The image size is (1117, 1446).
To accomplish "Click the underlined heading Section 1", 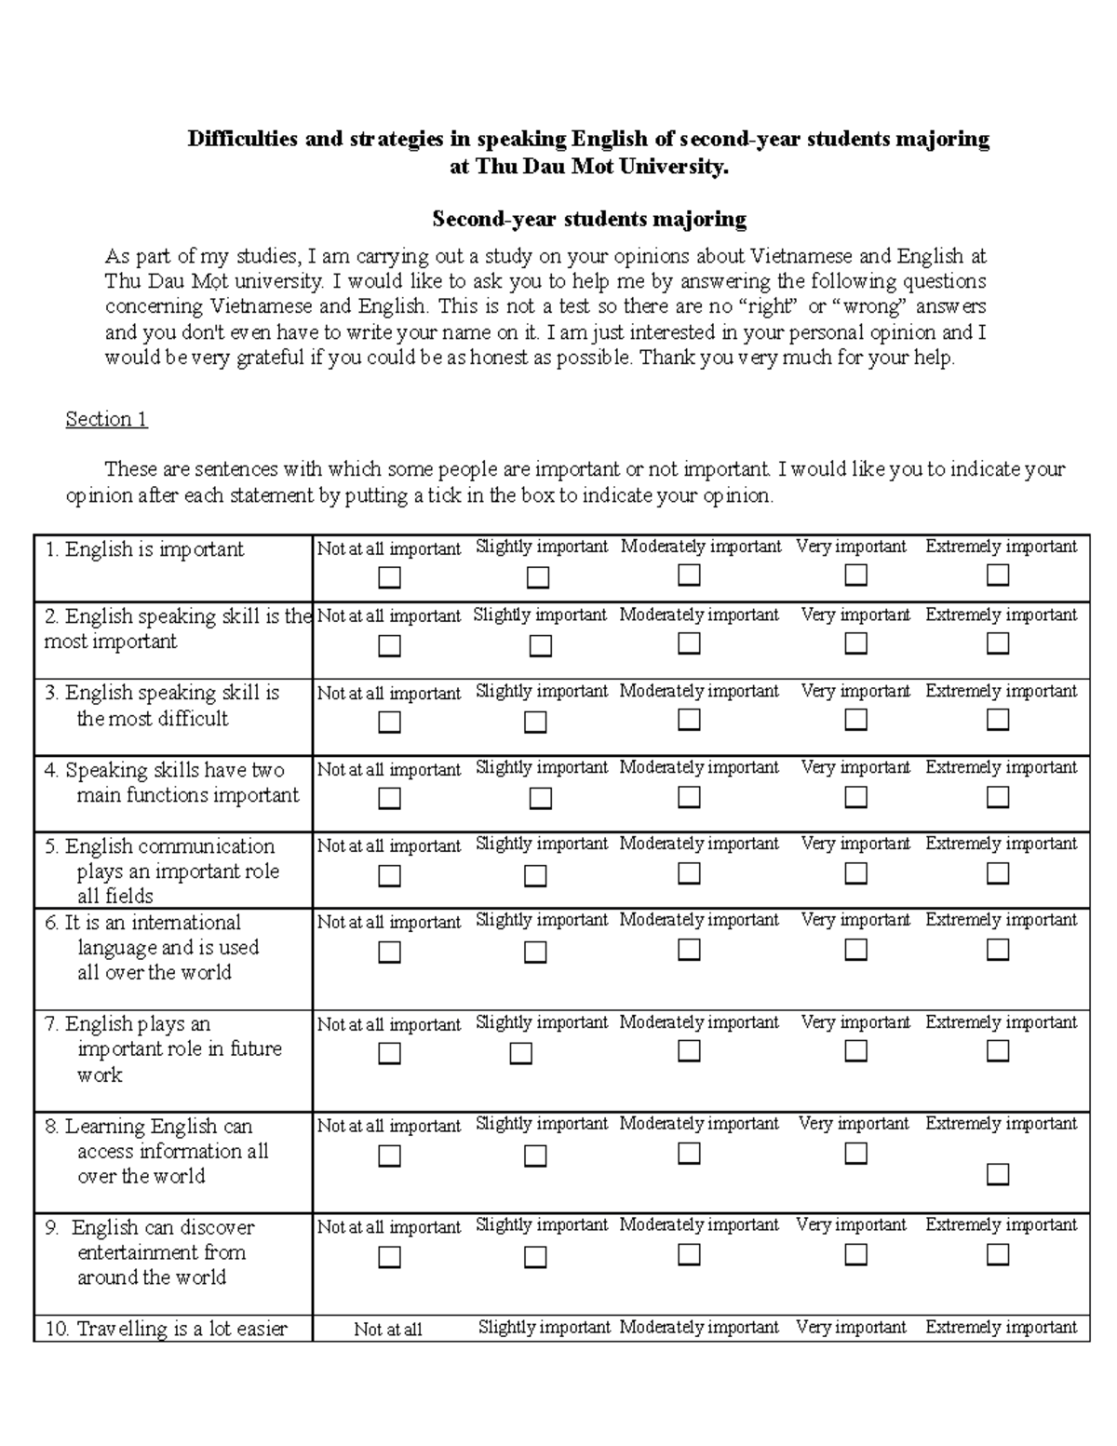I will pyautogui.click(x=106, y=419).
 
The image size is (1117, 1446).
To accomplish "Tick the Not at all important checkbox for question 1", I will pyautogui.click(x=389, y=578).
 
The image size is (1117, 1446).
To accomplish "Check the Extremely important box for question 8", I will pyautogui.click(x=997, y=1175).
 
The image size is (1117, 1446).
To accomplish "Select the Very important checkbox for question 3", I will pyautogui.click(x=855, y=720).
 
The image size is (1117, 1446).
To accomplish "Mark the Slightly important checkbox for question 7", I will pyautogui.click(x=520, y=1053).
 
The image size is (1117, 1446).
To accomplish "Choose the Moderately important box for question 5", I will pyautogui.click(x=689, y=873).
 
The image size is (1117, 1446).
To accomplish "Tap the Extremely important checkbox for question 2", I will pyautogui.click(x=997, y=643).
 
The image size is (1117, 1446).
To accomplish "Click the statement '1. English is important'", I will pyautogui.click(x=144, y=549).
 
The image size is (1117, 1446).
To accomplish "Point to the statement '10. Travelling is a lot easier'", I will pyautogui.click(x=166, y=1329).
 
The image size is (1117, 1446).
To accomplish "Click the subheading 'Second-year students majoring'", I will pyautogui.click(x=588, y=220).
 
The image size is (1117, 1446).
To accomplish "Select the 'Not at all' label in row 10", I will pyautogui.click(x=387, y=1330).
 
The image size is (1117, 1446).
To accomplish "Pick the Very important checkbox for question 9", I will pyautogui.click(x=855, y=1254).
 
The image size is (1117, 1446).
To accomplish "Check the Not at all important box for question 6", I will pyautogui.click(x=389, y=952).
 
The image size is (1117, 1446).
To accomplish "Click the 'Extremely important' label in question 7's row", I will pyautogui.click(x=1001, y=1022).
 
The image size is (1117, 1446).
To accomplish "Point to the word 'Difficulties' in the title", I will pyautogui.click(x=243, y=140).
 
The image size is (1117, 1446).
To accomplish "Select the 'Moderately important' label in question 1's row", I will pyautogui.click(x=700, y=547).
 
